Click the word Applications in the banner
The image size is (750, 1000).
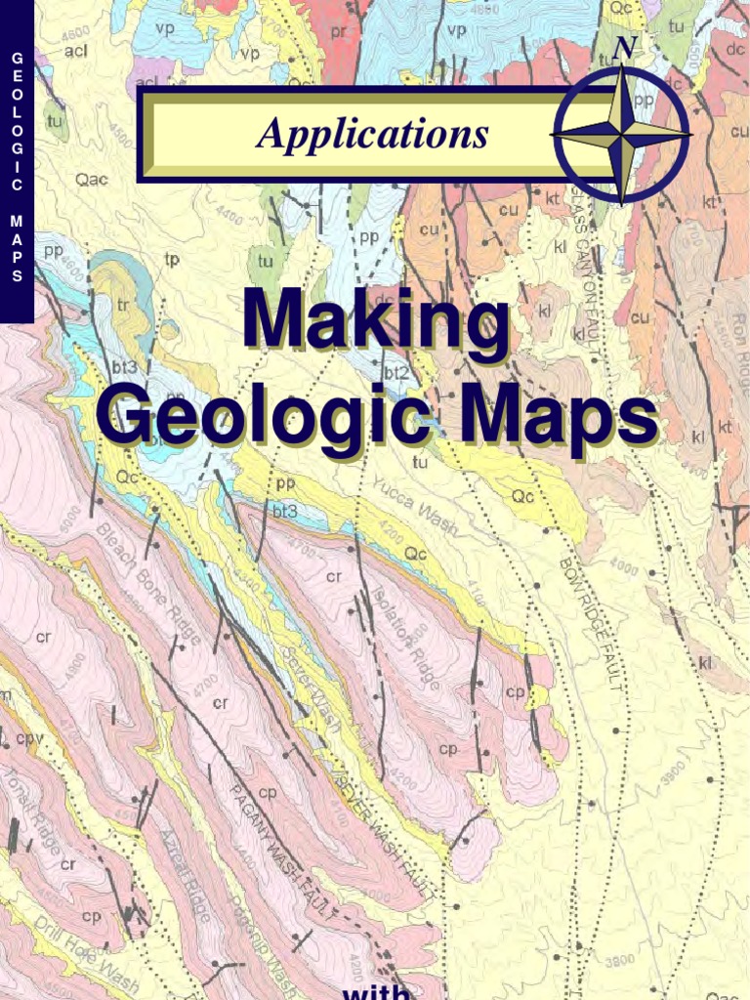(x=372, y=134)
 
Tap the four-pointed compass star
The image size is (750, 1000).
(x=621, y=135)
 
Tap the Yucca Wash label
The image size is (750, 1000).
(x=415, y=509)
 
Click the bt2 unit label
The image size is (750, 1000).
(x=396, y=373)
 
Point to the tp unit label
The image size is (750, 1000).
(x=172, y=260)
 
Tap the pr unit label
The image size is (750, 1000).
(x=339, y=31)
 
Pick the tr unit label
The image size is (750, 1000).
(x=123, y=304)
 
